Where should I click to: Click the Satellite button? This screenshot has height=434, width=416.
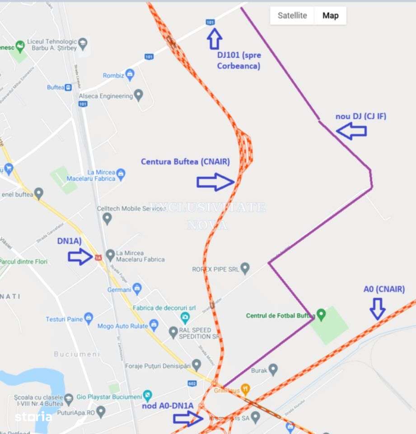[292, 15]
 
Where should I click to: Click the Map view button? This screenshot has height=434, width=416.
[330, 15]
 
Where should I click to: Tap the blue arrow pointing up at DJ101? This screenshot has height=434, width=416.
[215, 38]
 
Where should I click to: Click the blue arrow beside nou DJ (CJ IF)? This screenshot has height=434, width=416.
[351, 131]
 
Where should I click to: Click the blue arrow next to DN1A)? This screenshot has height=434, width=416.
[80, 257]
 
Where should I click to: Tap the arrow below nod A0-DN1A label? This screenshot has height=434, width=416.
[188, 419]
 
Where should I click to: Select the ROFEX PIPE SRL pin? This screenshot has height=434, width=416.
[245, 269]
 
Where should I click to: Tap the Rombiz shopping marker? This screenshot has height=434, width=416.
[130, 74]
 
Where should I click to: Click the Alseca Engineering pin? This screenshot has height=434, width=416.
[139, 95]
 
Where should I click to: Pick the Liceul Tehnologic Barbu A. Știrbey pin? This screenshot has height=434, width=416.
[83, 43]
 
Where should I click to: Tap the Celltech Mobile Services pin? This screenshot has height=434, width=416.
[107, 218]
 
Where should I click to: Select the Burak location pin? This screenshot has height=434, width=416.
[273, 370]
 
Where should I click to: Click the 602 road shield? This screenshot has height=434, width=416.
[192, 383]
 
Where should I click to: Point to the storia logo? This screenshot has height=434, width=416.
[33, 417]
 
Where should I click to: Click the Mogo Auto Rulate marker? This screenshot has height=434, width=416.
[154, 324]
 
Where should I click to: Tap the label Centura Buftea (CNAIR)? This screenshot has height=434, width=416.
[185, 161]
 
